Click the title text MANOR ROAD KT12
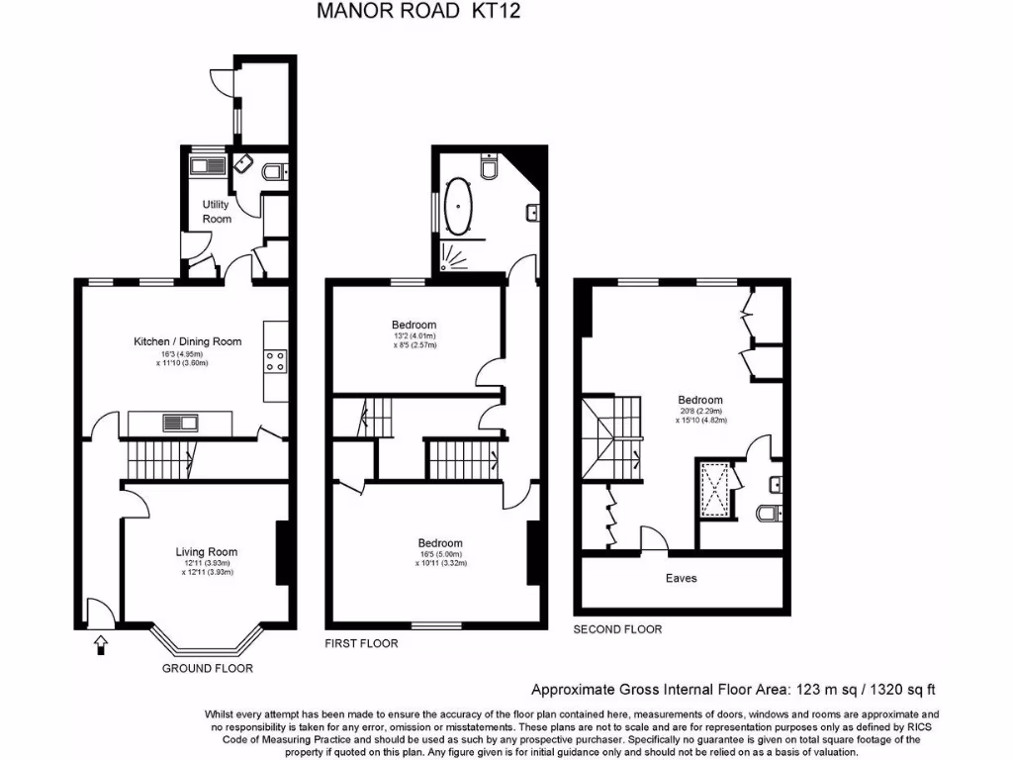pyautogui.click(x=417, y=11)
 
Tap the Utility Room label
pyautogui.click(x=216, y=211)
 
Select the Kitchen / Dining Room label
pyautogui.click(x=188, y=341)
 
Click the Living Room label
pyautogui.click(x=207, y=552)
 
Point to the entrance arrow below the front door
pyautogui.click(x=99, y=645)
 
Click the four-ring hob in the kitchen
pyautogui.click(x=275, y=361)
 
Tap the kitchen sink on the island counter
pyautogui.click(x=180, y=424)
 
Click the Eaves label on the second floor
pyautogui.click(x=682, y=578)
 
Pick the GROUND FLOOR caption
pyautogui.click(x=208, y=669)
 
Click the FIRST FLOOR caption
pyautogui.click(x=361, y=644)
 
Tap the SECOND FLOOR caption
pyautogui.click(x=618, y=629)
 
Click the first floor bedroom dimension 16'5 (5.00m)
pyautogui.click(x=440, y=554)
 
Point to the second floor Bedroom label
pyautogui.click(x=699, y=400)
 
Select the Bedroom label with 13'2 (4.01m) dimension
pyautogui.click(x=414, y=326)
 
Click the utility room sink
pyautogui.click(x=207, y=164)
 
